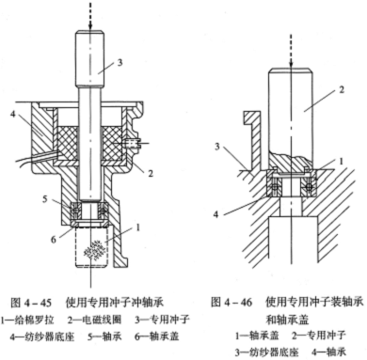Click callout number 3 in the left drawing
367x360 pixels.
120,62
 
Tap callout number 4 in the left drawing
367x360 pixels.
12,115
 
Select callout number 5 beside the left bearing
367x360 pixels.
45,199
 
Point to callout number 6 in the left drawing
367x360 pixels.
54,240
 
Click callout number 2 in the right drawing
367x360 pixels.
342,89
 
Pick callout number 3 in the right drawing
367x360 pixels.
217,147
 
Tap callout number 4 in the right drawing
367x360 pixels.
215,215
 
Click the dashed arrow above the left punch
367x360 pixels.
90,16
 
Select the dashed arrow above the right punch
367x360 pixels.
291,51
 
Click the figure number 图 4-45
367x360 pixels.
31,303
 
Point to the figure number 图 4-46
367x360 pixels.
231,303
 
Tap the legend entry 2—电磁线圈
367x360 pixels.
94,320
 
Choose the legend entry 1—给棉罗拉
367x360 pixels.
27,320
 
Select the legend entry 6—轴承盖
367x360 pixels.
157,337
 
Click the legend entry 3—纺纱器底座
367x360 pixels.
267,352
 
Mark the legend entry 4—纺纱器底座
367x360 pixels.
42,337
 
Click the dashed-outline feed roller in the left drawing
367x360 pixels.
91,247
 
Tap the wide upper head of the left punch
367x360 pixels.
89,59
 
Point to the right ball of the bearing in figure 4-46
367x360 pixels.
309,187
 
